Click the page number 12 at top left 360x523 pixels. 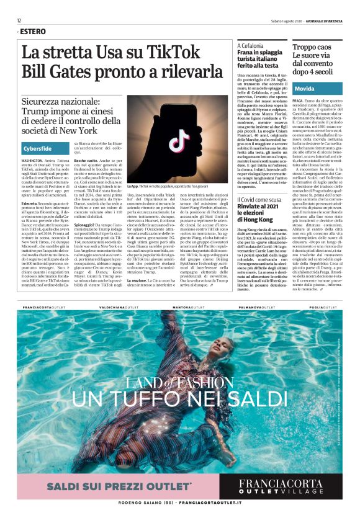coord(20,20)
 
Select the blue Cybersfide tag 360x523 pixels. coord(38,149)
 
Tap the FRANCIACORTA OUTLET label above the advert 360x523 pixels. coord(45,308)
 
